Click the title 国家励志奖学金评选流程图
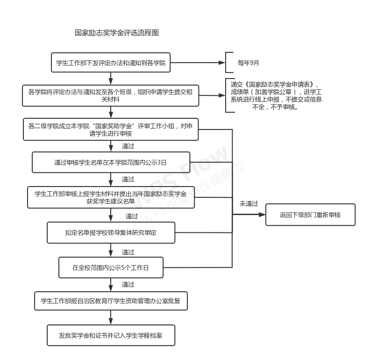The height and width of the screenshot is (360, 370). [x=117, y=33]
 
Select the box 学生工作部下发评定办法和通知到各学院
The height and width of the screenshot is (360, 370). [x=111, y=63]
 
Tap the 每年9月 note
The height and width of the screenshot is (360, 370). [x=248, y=63]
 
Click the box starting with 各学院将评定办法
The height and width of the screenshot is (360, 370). [x=111, y=95]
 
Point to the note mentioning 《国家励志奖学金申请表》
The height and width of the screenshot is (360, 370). [x=276, y=96]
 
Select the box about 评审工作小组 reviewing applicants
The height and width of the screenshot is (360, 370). [x=111, y=130]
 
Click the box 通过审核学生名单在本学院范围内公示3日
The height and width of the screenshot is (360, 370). [x=111, y=162]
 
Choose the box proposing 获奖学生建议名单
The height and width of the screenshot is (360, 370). [x=111, y=197]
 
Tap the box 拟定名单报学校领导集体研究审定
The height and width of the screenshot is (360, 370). [x=111, y=232]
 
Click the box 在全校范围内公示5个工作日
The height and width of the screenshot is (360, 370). [x=111, y=268]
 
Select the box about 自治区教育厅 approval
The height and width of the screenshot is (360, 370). [x=111, y=301]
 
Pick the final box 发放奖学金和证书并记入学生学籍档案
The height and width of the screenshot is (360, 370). [x=111, y=336]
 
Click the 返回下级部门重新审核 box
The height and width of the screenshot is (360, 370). [x=310, y=215]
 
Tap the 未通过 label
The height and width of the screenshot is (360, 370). [x=249, y=204]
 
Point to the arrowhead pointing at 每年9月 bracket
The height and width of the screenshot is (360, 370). [x=222, y=63]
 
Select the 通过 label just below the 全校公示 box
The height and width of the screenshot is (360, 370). [x=128, y=284]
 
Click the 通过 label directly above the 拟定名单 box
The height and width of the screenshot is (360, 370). [x=132, y=216]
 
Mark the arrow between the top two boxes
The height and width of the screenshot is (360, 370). [x=111, y=78]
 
